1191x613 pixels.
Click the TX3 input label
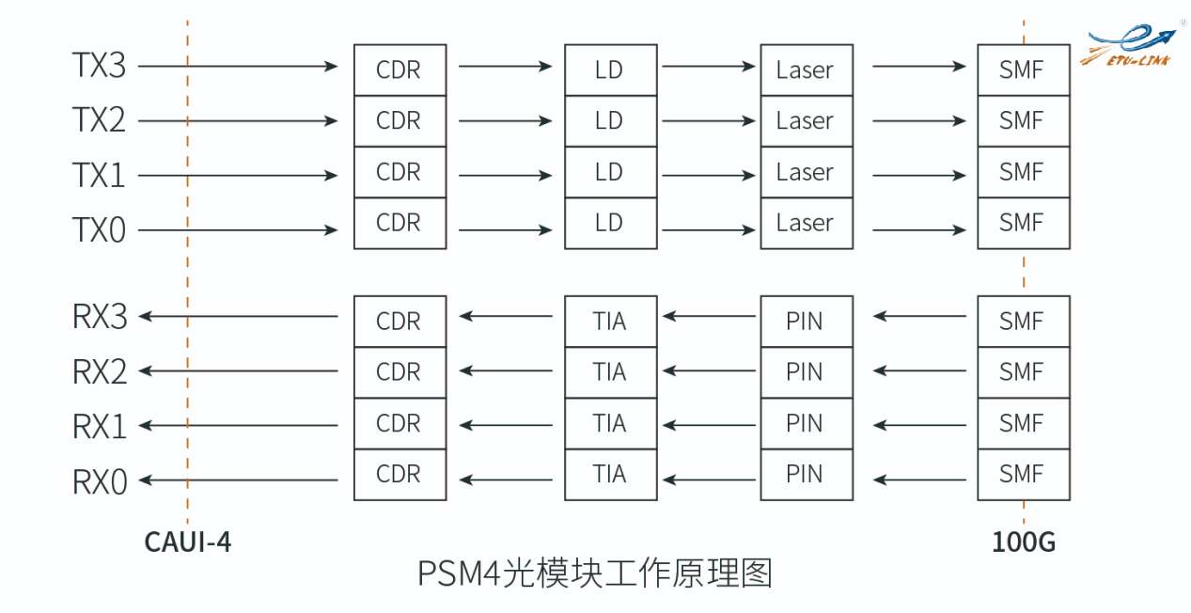click(99, 67)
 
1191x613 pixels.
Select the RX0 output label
click(99, 481)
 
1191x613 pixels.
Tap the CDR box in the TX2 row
click(400, 121)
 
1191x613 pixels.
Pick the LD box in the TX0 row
click(610, 223)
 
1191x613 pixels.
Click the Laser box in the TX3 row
click(806, 70)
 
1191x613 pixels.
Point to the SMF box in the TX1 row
click(1023, 172)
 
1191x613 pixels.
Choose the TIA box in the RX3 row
click(610, 322)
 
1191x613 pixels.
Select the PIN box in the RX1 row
click(806, 424)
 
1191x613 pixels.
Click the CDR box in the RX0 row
click(400, 475)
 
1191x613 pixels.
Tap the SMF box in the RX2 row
click(1023, 372)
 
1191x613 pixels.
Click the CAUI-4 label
click(188, 542)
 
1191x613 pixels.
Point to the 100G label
click(1024, 542)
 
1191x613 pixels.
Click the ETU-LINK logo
click(1132, 47)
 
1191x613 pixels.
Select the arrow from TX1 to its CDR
click(239, 176)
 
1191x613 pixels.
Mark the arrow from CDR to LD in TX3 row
click(505, 67)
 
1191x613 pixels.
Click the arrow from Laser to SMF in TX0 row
click(918, 230)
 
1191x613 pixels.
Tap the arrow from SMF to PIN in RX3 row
click(918, 316)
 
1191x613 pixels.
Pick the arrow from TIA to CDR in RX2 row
click(505, 371)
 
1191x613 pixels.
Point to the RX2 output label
click(99, 372)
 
